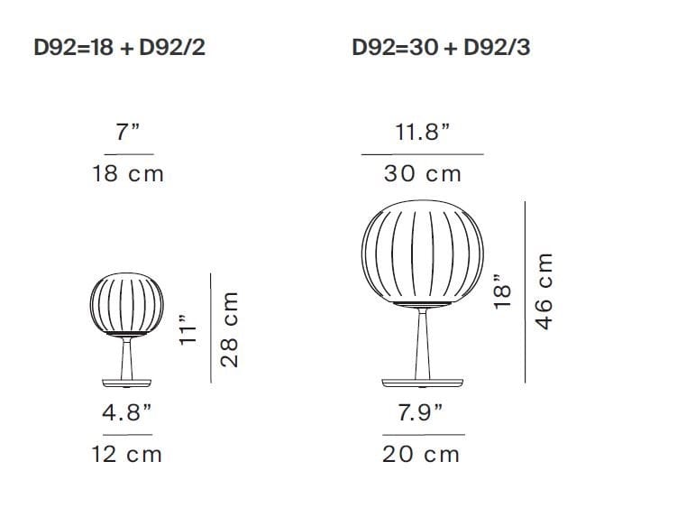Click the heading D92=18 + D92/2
click(x=119, y=47)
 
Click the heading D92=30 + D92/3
click(x=441, y=47)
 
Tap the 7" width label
click(x=128, y=133)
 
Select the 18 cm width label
click(x=128, y=173)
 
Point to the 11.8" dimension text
click(x=422, y=133)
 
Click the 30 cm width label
click(x=422, y=173)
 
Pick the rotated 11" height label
click(x=187, y=330)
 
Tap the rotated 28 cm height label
click(x=231, y=328)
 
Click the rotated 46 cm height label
click(x=545, y=291)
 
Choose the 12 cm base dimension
click(x=127, y=454)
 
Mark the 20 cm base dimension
click(x=421, y=454)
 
